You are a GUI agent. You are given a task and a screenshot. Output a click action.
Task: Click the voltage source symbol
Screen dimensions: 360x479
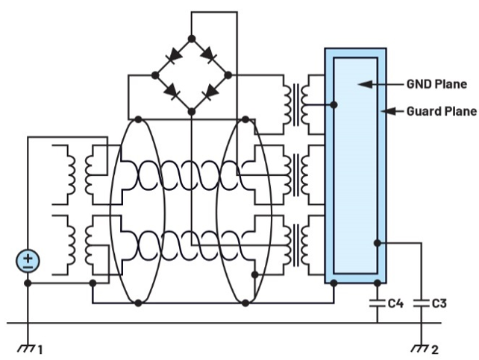point(28,261)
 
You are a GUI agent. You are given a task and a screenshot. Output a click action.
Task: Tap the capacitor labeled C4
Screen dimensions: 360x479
point(378,304)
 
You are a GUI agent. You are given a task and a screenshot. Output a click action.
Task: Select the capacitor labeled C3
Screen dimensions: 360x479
point(422,304)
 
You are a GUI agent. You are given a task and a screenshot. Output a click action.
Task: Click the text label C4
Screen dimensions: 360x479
point(395,304)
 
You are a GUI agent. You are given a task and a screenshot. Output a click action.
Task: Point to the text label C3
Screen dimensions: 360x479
point(439,304)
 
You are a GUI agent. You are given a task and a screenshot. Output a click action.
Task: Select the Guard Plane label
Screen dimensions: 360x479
point(440,111)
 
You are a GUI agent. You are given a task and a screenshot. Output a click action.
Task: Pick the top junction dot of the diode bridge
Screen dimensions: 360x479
point(192,39)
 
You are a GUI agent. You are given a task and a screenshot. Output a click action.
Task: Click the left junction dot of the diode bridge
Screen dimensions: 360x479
point(155,75)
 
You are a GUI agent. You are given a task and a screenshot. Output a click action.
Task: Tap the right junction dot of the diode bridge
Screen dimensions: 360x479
point(228,75)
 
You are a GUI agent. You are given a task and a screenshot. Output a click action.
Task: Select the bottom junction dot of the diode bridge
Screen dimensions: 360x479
point(192,111)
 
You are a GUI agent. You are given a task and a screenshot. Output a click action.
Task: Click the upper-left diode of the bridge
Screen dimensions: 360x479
point(174,56)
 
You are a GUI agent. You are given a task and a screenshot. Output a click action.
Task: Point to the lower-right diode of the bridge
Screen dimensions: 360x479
point(210,92)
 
